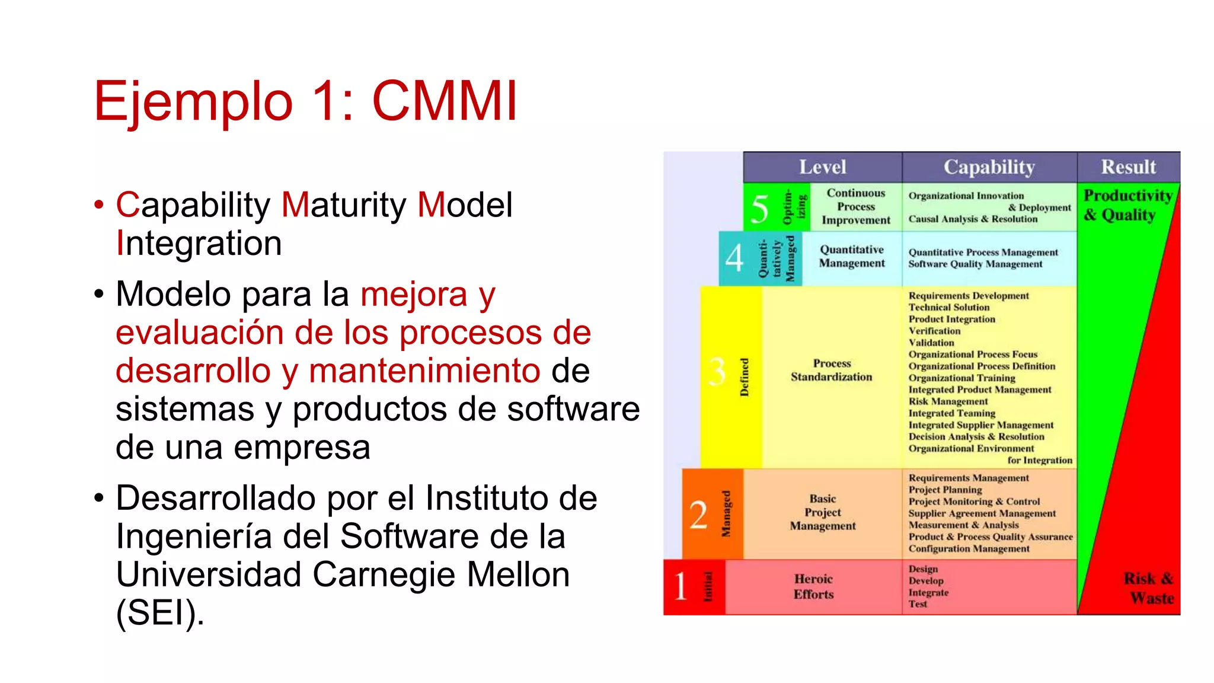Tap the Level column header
point(822,167)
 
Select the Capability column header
point(989,167)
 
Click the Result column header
point(1128,167)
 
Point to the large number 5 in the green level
point(759,208)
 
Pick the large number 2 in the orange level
point(698,515)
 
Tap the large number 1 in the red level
point(680,586)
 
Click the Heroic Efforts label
point(813,586)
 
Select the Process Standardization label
point(831,370)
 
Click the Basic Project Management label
point(823,512)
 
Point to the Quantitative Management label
point(852,256)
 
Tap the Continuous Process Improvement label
point(855,206)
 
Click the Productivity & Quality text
point(1127,205)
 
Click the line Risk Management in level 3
point(948,401)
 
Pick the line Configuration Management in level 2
point(969,548)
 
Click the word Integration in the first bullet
point(199,243)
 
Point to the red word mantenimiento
point(424,371)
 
